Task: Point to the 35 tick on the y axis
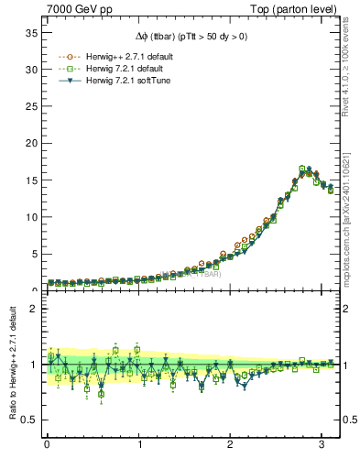click(x=29, y=33)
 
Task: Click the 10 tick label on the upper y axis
click(x=29, y=217)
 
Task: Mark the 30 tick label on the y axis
click(x=29, y=70)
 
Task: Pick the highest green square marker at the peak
click(x=301, y=169)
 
